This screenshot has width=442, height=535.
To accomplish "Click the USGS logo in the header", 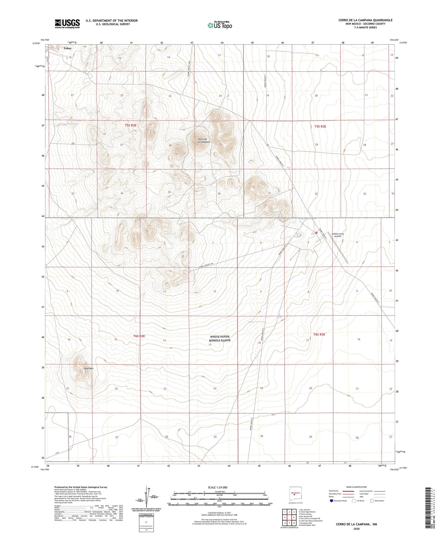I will pos(67,24).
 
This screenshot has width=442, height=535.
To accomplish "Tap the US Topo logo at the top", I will pos(220,25).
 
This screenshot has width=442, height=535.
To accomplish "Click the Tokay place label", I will pos(67,48).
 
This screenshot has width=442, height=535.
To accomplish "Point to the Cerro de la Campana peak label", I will pos(204,141).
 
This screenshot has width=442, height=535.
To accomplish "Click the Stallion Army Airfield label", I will pos(338,235).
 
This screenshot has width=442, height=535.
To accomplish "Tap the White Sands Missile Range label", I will pos(220,338).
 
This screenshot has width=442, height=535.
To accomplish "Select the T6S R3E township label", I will pos(319,334).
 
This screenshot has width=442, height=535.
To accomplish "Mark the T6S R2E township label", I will pos(139,336).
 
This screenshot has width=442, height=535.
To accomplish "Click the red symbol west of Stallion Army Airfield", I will pos(316,233).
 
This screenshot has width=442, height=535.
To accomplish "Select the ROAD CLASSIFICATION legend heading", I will pos(357,487).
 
